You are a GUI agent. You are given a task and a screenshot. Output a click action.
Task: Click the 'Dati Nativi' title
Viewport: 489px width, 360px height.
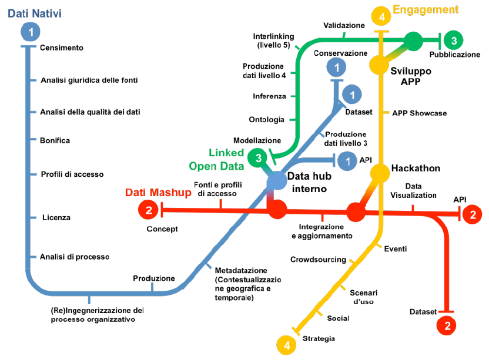pos(34,12)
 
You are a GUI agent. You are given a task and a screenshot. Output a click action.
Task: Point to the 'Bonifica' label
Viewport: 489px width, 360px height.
pos(55,140)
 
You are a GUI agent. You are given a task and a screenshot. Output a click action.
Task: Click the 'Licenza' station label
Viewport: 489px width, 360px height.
pos(56,217)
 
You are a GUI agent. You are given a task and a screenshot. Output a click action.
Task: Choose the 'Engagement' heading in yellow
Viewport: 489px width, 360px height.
pos(426,9)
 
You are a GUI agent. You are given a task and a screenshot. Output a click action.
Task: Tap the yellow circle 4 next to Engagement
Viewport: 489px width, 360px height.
pos(382,18)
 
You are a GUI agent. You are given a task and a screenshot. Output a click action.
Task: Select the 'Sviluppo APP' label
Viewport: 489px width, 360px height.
pos(411,76)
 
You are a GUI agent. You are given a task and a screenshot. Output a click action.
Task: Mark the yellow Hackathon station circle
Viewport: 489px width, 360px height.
pos(380,173)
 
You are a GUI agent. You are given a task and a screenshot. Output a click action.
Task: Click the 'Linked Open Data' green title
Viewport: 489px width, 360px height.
pos(216,159)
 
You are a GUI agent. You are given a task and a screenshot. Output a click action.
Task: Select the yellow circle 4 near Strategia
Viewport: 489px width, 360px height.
pos(287,345)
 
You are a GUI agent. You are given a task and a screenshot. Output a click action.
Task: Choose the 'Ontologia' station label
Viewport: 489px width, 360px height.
pos(267,119)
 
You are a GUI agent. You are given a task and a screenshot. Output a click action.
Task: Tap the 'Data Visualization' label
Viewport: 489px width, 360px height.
pos(413,191)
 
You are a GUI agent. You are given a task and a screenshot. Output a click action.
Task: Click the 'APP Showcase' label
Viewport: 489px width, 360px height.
pos(420,113)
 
